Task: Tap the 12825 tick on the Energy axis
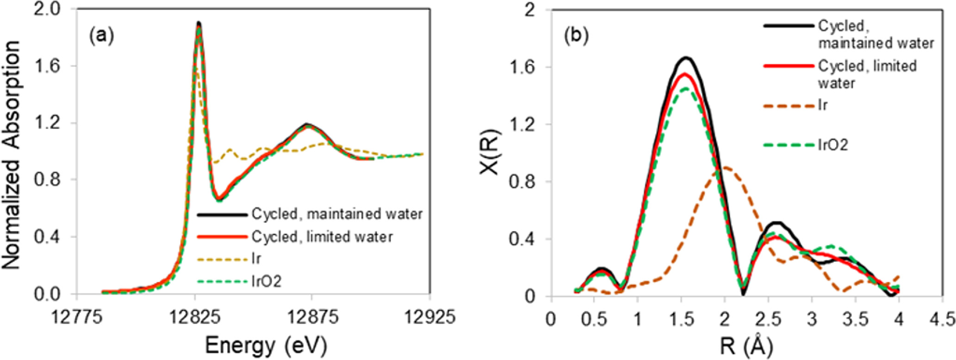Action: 195,318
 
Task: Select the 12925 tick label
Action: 430,318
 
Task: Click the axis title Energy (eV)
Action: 266,345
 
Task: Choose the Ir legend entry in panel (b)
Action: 822,105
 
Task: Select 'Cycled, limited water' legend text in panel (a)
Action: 322,236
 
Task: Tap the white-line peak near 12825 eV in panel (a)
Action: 199,23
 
